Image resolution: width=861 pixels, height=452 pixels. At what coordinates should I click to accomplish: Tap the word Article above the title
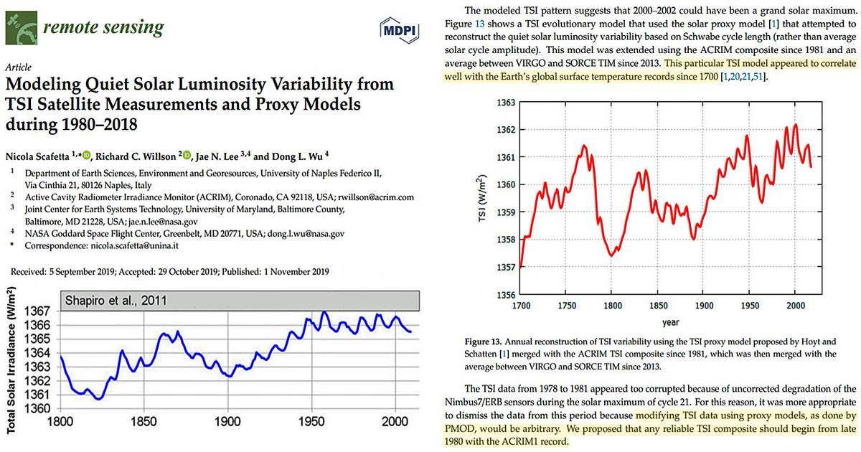(x=19, y=64)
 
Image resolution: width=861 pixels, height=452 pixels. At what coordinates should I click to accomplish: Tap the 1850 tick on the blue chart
(x=143, y=422)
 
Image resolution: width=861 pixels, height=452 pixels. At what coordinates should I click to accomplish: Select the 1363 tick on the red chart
(x=507, y=103)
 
